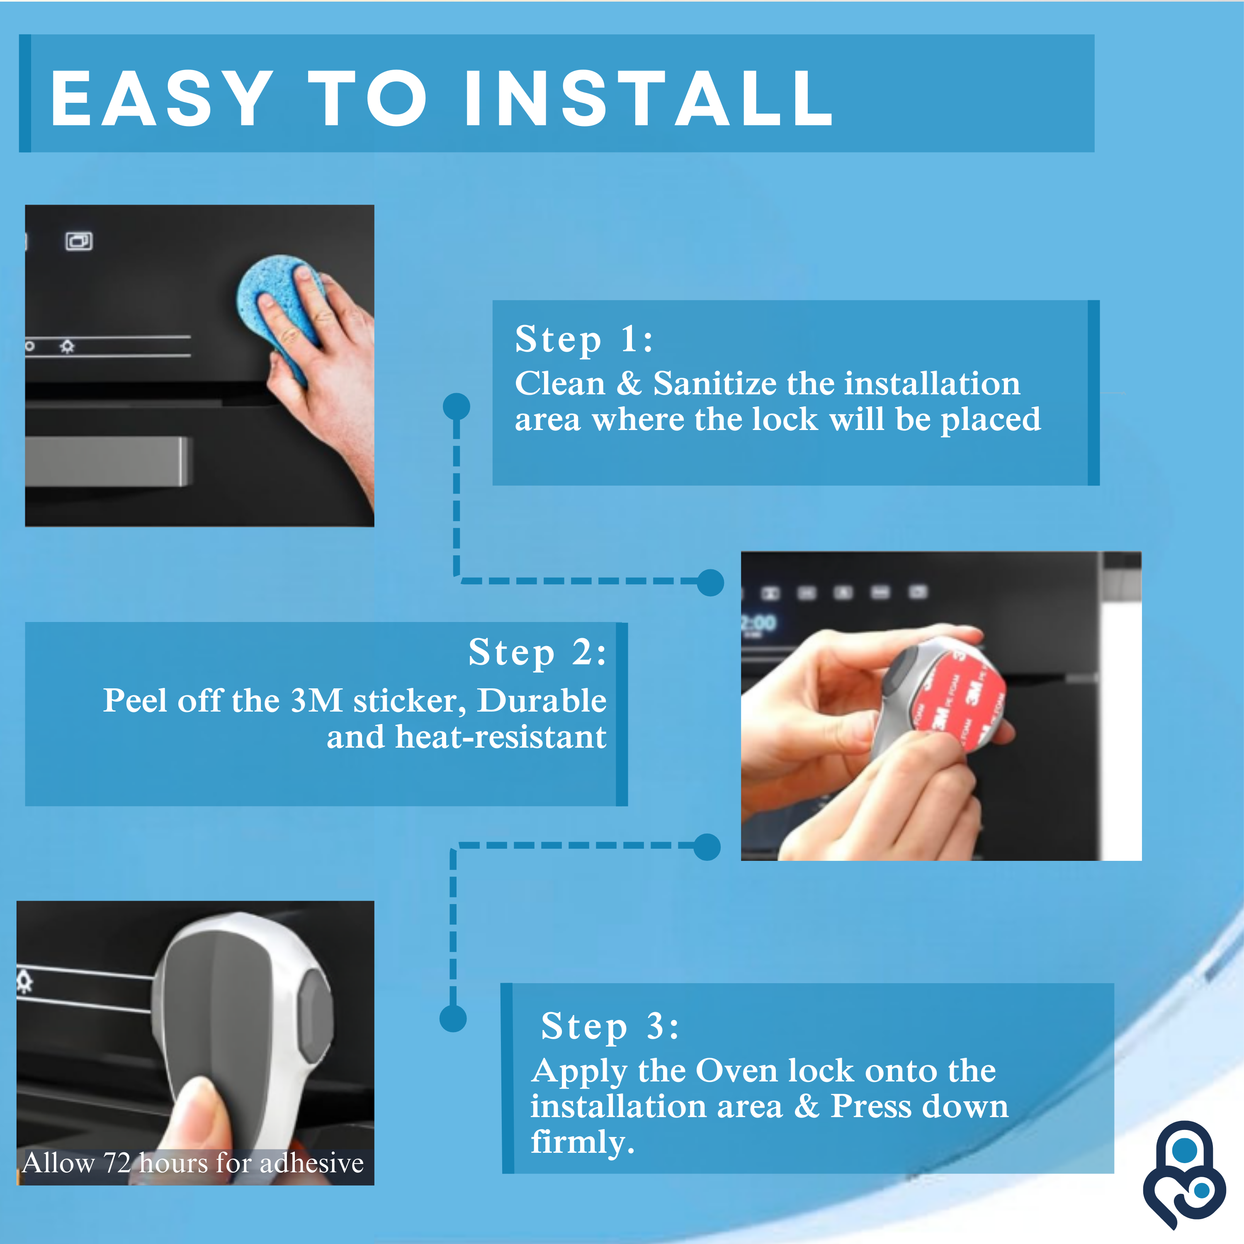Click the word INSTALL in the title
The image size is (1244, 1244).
649,99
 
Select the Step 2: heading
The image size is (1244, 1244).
537,653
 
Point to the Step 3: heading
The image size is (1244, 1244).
609,1026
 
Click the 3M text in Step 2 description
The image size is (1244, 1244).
316,700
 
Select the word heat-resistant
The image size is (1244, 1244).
501,736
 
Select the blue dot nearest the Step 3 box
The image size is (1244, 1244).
453,1019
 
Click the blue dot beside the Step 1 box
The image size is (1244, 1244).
457,406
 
